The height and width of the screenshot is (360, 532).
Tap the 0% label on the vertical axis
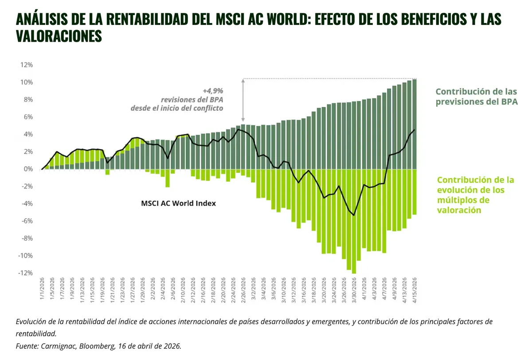click(x=28, y=169)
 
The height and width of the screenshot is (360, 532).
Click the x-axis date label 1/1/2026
click(x=43, y=291)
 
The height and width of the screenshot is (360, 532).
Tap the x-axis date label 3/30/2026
click(x=354, y=291)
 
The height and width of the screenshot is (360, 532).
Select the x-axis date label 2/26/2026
click(x=243, y=291)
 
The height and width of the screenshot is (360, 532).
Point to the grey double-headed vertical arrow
click(x=243, y=100)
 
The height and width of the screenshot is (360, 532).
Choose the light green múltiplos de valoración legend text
click(x=475, y=195)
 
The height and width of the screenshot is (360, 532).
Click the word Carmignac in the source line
click(x=54, y=346)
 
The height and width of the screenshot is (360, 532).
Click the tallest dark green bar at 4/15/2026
click(x=415, y=124)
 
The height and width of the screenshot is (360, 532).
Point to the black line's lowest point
click(x=354, y=215)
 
